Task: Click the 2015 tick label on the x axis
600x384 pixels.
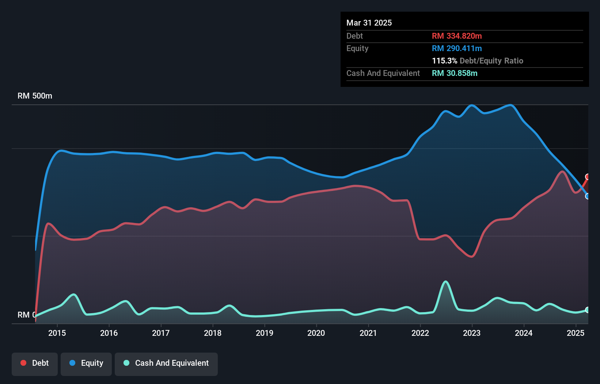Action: (57, 333)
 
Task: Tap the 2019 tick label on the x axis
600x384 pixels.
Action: (264, 333)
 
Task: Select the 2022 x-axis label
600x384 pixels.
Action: (420, 333)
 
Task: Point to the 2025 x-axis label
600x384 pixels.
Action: (575, 333)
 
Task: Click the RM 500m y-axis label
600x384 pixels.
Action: (35, 96)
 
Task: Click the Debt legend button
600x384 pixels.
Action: (35, 363)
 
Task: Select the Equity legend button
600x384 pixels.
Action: (86, 363)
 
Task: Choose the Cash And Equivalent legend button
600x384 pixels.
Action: (166, 363)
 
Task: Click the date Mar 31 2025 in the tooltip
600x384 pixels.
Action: (369, 23)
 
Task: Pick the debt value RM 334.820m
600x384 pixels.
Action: (457, 36)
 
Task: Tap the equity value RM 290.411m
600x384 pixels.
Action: (457, 49)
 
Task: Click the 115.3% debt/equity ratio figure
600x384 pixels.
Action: (444, 61)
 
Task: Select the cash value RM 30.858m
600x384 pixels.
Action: (455, 73)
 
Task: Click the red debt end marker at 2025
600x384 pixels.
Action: (588, 177)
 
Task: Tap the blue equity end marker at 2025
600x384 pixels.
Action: (588, 196)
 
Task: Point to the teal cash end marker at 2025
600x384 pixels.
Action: (588, 310)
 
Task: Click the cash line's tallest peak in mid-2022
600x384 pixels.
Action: (445, 281)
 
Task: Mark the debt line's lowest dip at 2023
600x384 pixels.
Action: (472, 257)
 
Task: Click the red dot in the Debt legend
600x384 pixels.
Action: (23, 363)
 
